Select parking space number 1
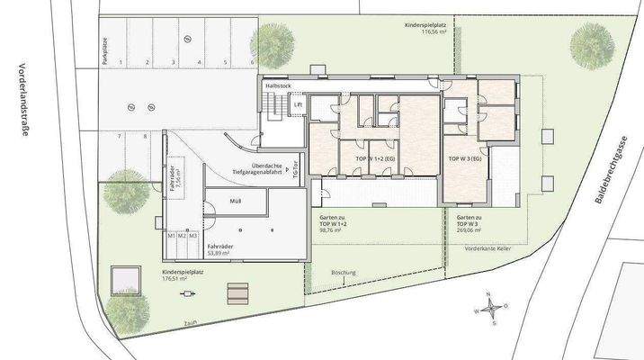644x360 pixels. point(121,64)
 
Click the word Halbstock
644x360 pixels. point(279,85)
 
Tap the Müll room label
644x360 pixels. point(236,202)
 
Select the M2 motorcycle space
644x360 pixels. point(181,235)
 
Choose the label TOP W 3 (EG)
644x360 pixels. point(465,158)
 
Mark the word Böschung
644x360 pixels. point(344,271)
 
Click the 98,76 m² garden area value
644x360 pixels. point(335,229)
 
